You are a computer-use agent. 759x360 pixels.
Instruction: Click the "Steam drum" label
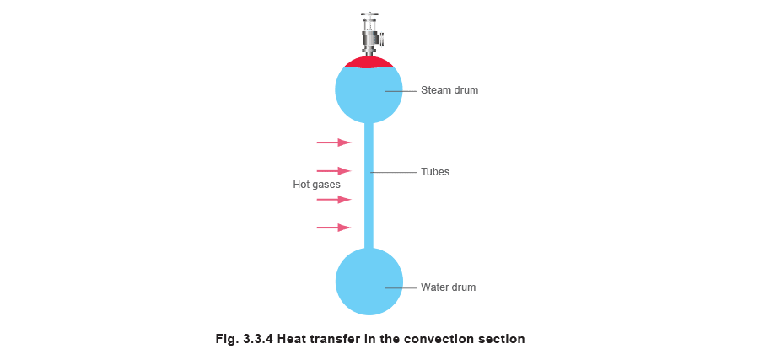coord(449,90)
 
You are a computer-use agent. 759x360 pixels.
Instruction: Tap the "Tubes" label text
coord(434,172)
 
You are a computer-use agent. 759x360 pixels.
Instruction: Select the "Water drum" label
coord(449,287)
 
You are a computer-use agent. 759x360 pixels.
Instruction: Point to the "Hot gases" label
coord(316,185)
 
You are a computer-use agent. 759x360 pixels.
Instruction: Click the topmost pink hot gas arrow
coord(333,142)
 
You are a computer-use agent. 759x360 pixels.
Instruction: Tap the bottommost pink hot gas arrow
coord(333,228)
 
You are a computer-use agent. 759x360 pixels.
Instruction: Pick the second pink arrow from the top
coord(333,171)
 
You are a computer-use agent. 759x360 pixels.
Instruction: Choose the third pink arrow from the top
coord(333,199)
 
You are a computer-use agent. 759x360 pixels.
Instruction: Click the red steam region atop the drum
coord(369,62)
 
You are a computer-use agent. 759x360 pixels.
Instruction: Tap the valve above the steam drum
coord(372,33)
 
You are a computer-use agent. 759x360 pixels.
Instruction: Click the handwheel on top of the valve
coord(369,15)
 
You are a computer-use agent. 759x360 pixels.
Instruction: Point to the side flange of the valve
coord(383,39)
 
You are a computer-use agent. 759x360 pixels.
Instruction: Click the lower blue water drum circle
coord(369,282)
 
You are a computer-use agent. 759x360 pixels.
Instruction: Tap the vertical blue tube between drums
coord(369,185)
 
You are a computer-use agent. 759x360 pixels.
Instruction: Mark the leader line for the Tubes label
coord(394,172)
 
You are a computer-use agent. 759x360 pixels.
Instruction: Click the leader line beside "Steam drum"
coord(401,90)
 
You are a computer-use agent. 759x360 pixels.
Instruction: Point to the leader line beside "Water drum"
coord(401,287)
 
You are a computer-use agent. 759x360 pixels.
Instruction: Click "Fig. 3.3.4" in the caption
coord(245,339)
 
